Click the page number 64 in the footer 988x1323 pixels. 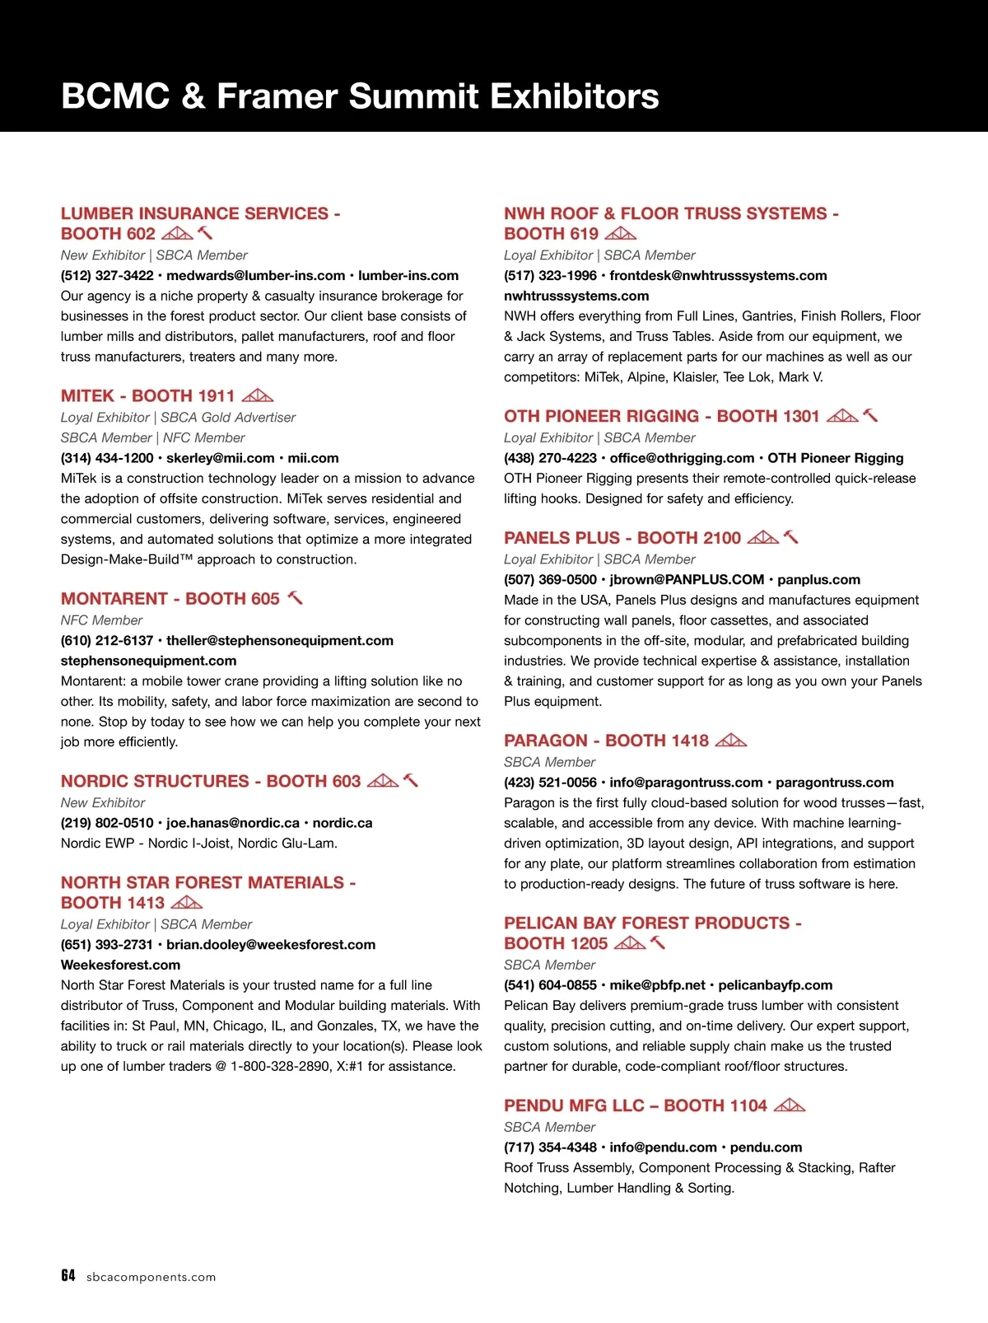68,1275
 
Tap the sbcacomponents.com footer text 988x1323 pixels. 151,1277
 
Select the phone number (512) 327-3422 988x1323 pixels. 107,275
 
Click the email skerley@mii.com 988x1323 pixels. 221,458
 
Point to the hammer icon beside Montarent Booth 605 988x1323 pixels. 295,598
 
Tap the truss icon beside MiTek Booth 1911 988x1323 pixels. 257,395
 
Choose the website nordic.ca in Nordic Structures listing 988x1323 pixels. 343,822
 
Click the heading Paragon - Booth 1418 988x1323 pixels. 606,740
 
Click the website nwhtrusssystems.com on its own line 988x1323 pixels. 576,296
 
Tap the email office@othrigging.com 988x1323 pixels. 682,458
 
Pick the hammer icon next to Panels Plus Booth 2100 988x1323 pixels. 790,537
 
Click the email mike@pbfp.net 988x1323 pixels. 657,984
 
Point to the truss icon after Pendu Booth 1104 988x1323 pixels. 790,1105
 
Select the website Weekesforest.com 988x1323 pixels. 120,965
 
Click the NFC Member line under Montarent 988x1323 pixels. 101,619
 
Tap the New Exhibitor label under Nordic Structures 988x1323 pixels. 103,802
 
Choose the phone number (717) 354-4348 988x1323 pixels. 550,1147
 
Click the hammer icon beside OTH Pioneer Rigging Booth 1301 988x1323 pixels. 870,415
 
